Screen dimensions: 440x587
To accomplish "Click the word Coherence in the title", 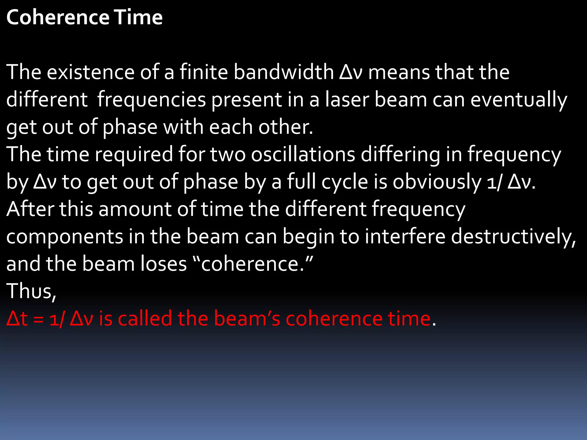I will [x=58, y=17].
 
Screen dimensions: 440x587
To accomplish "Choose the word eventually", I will [x=519, y=100].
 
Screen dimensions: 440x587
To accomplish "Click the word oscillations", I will [x=303, y=154].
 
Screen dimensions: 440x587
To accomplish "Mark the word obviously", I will [x=437, y=182].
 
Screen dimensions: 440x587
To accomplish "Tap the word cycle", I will [x=345, y=182].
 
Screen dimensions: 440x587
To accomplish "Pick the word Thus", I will [x=31, y=291].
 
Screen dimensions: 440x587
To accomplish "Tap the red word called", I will [x=145, y=319].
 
